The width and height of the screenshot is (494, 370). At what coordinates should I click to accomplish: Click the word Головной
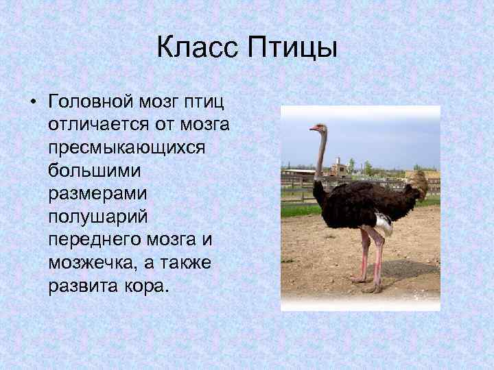[93, 103]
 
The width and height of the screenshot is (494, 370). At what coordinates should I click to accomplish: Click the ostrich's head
[316, 128]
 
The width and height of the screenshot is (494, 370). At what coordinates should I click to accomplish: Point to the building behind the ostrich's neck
[338, 167]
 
